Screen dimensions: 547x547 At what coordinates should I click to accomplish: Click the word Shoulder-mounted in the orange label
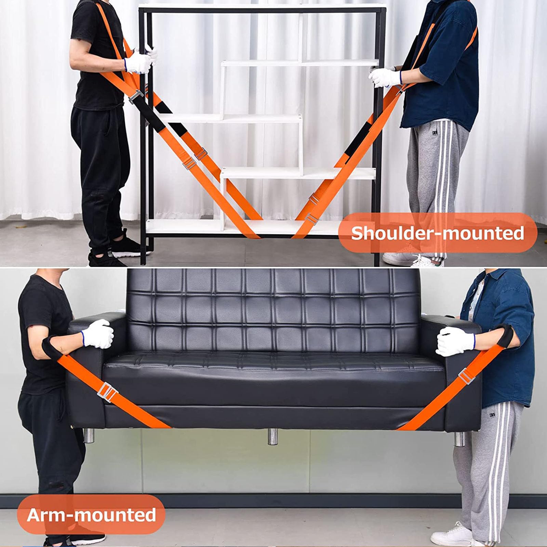[437, 234]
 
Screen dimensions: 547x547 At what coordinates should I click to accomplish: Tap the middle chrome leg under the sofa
[272, 437]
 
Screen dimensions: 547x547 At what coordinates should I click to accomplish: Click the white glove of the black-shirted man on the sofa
[98, 334]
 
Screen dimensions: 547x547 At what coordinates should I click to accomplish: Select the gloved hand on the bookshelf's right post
[385, 77]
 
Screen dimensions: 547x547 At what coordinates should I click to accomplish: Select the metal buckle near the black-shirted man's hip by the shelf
[136, 97]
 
